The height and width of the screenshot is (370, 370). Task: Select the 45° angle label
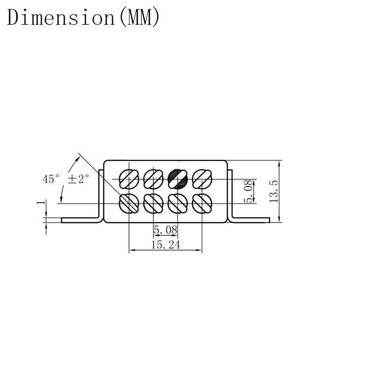click(50, 179)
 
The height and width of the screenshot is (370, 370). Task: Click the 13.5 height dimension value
click(274, 191)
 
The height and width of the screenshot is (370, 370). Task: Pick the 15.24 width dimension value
click(165, 245)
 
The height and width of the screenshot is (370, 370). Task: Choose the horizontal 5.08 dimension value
click(165, 230)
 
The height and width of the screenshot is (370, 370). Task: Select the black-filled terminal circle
click(178, 179)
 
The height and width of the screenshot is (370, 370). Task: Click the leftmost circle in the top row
click(129, 179)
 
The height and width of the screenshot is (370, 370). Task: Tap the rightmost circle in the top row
click(202, 179)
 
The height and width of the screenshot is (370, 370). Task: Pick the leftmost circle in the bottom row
click(129, 203)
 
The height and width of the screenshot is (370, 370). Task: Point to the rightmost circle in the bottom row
click(202, 203)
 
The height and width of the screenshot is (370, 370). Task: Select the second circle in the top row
click(153, 179)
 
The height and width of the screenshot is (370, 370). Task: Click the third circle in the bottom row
click(178, 203)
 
